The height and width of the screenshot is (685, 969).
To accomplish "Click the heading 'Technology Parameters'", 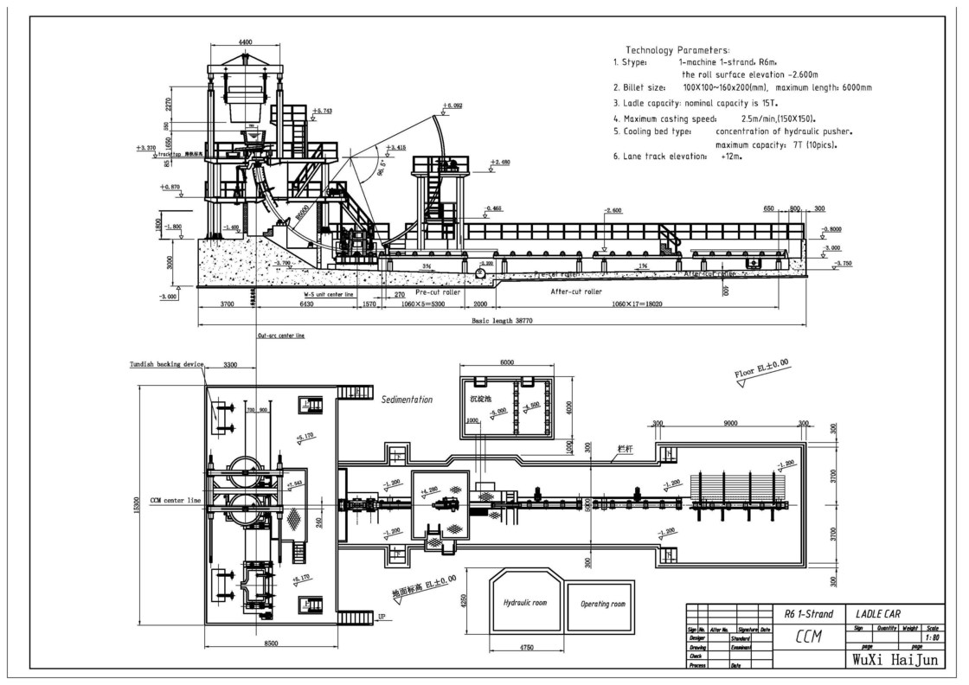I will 677,50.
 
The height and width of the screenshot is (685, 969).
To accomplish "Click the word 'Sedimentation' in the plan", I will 407,400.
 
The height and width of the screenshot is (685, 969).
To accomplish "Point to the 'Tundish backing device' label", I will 167,365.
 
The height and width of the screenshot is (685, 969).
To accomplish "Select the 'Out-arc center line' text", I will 281,335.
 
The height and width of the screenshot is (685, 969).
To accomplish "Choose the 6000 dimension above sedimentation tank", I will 507,362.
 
